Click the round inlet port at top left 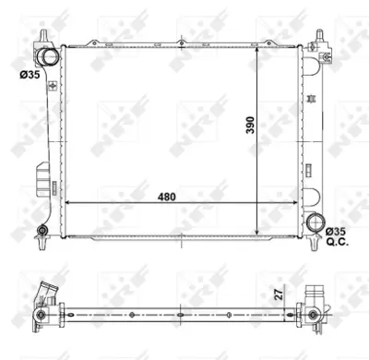click(x=48, y=59)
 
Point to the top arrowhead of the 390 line click(x=256, y=49)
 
